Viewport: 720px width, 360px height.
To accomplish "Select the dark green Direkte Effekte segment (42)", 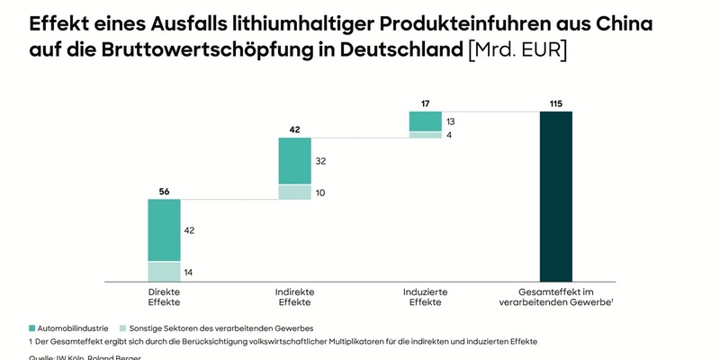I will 164,229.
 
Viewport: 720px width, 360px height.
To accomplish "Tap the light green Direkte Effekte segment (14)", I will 164,271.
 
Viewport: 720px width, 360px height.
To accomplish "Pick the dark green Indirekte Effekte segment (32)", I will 294,161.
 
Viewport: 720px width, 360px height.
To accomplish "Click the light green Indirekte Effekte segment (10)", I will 294,192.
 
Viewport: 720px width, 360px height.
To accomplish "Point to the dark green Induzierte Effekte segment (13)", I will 425,121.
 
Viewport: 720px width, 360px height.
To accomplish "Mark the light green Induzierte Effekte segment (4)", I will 425,135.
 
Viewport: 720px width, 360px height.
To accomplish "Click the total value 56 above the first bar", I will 164,191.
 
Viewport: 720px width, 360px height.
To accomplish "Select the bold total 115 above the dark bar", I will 555,103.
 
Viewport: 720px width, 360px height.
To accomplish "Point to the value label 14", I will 189,272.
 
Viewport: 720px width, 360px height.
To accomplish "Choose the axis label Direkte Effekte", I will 164,297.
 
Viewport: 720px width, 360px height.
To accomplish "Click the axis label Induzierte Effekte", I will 425,297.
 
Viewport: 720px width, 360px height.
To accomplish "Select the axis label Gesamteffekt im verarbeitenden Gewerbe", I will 555,297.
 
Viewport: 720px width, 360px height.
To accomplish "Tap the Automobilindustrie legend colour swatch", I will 33,328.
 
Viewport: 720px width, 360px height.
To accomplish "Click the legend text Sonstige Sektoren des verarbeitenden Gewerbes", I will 221,328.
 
